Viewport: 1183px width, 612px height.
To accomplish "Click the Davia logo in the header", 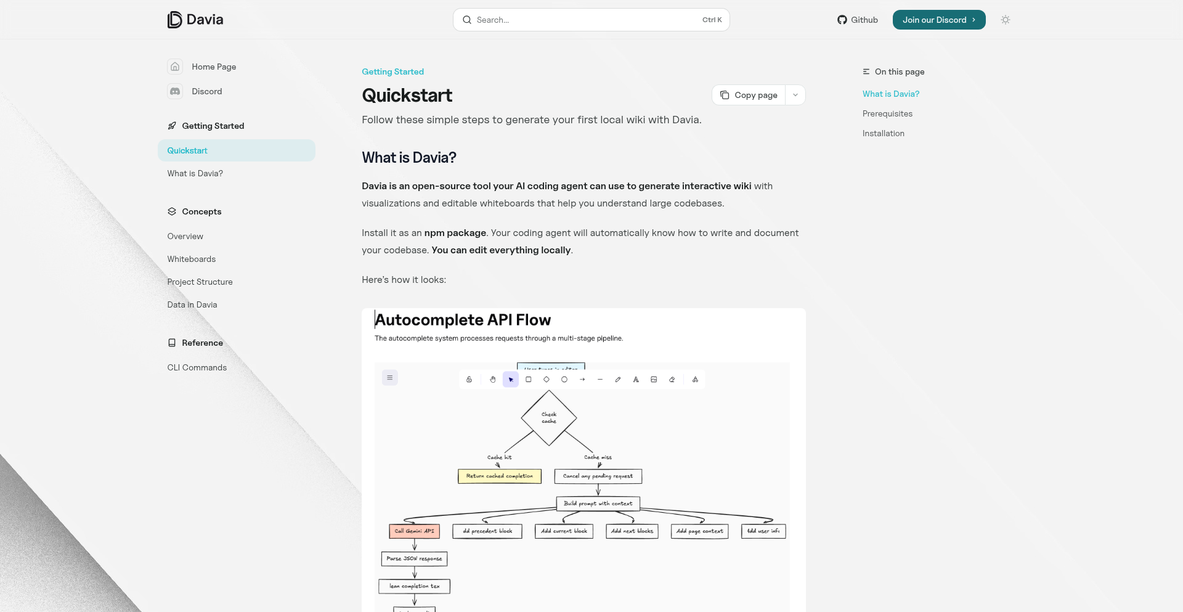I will pos(195,20).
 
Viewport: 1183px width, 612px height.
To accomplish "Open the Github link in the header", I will pos(857,20).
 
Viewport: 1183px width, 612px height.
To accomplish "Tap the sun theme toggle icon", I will pos(1006,20).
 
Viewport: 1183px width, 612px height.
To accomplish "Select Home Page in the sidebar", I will pos(213,67).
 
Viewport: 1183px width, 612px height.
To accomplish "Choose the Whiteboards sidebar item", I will pos(192,259).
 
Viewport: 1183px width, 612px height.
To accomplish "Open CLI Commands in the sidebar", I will pos(197,367).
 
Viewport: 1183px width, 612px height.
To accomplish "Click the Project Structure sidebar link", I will pos(200,282).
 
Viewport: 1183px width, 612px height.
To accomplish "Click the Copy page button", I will pos(749,95).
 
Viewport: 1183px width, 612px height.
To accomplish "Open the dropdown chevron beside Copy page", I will pos(795,95).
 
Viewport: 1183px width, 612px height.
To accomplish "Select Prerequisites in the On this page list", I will pos(887,113).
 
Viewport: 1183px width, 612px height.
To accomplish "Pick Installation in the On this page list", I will pos(884,133).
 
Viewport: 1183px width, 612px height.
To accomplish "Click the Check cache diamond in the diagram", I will pos(549,418).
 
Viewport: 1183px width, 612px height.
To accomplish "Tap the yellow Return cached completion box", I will pos(500,476).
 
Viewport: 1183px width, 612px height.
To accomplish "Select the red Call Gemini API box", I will pos(414,531).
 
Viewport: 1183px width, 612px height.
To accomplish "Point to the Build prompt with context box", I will pos(598,504).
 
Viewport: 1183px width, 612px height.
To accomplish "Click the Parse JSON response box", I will pos(414,559).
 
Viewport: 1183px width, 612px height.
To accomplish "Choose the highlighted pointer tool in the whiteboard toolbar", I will pos(511,380).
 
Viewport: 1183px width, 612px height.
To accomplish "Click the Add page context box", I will pos(699,531).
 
